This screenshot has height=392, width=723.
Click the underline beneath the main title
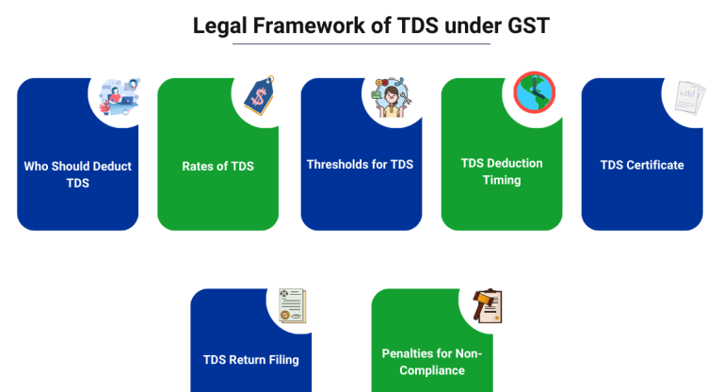(361, 44)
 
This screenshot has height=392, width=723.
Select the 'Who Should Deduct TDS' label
(78, 174)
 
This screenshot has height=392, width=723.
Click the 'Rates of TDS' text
(217, 167)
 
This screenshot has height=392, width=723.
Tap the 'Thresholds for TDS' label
(360, 165)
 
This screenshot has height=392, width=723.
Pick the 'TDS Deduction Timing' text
(501, 171)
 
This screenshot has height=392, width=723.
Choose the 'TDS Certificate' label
(641, 165)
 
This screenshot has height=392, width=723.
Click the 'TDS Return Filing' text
(250, 360)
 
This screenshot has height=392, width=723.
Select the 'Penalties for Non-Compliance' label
(432, 362)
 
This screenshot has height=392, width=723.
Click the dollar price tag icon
(258, 95)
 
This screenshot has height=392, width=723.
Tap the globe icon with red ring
(534, 92)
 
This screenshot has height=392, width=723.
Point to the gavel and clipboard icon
(487, 305)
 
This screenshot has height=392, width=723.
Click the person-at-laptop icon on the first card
(117, 94)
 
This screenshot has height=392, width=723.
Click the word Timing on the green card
(502, 180)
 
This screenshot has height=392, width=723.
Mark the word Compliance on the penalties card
(432, 370)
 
